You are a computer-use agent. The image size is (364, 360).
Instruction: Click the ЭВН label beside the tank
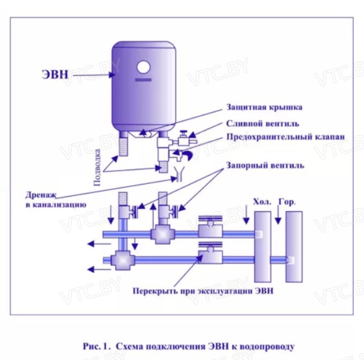(x=55, y=75)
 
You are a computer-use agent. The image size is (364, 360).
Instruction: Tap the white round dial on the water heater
(x=143, y=67)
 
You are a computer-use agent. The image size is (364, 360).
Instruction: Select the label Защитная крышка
(x=264, y=107)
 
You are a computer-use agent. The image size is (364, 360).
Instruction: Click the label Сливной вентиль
(x=263, y=123)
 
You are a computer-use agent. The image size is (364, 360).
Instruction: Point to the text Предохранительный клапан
(x=286, y=137)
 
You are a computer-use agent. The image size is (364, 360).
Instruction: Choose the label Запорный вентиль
(x=265, y=166)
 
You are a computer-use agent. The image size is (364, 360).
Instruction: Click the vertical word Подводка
(x=97, y=167)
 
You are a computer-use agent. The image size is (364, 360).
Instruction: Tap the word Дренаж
(x=41, y=195)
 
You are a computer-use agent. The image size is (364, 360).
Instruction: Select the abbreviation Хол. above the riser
(x=262, y=202)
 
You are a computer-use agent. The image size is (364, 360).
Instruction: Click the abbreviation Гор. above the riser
(x=287, y=202)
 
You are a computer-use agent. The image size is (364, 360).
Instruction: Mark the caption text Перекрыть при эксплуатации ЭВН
(x=203, y=291)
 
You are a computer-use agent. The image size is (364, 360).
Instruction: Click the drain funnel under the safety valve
(x=179, y=174)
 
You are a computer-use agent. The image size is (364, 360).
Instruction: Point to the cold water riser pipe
(x=263, y=246)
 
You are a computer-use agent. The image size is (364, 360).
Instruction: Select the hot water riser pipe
(x=294, y=246)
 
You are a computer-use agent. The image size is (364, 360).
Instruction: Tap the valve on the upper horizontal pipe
(x=210, y=227)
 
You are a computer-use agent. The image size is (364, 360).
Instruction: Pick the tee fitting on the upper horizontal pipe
(x=162, y=235)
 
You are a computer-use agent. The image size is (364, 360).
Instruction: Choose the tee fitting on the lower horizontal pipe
(x=123, y=260)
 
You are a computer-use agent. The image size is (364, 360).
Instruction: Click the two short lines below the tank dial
(x=143, y=80)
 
